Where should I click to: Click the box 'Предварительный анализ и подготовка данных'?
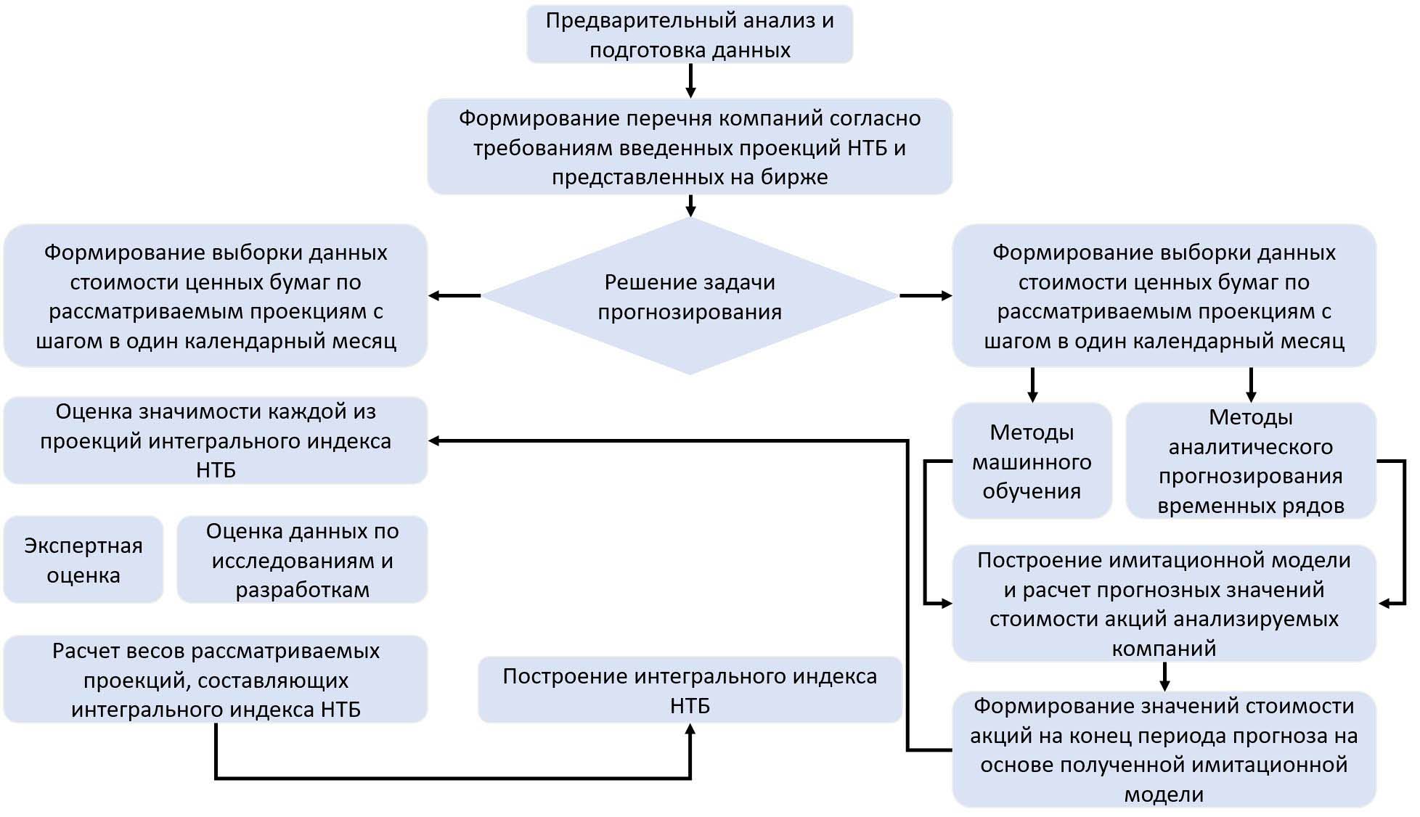[689, 35]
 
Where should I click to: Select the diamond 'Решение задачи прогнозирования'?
[689, 296]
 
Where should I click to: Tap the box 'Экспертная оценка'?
[83, 559]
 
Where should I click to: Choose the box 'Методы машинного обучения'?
[1031, 461]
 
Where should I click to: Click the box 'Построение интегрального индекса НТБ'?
[689, 690]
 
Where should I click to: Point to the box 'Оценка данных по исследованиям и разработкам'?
[302, 559]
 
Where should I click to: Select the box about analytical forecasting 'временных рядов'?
[1250, 461]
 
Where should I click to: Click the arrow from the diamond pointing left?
[454, 295]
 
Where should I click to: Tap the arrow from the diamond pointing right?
[926, 295]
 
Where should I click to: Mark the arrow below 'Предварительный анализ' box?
[690, 81]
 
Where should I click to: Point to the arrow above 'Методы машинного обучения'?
[1032, 385]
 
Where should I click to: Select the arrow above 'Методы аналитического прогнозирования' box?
[1251, 385]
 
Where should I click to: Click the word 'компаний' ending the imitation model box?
[1164, 648]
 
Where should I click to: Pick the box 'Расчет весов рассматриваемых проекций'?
[216, 680]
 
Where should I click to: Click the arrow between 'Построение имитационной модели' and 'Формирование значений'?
[1164, 676]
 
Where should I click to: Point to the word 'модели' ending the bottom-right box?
[1164, 795]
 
